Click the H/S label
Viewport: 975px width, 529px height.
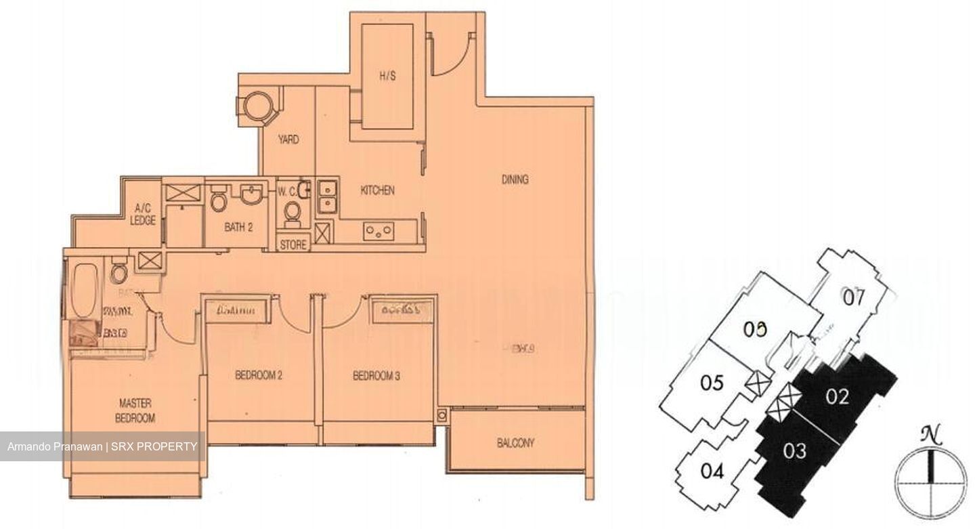[387, 77]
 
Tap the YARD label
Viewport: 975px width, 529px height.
[288, 140]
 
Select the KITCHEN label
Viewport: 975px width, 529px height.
[377, 191]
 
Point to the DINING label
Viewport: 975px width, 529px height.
[515, 179]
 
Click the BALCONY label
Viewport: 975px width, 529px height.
[515, 444]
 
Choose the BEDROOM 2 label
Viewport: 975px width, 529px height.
[259, 376]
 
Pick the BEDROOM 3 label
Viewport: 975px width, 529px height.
[376, 376]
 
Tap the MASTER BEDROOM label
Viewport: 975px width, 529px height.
[135, 410]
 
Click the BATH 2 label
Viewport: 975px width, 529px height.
[238, 228]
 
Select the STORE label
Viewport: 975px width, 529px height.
[293, 245]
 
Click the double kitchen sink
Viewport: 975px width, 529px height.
[328, 195]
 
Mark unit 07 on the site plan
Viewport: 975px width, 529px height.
[854, 297]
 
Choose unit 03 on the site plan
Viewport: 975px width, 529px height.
[796, 449]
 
